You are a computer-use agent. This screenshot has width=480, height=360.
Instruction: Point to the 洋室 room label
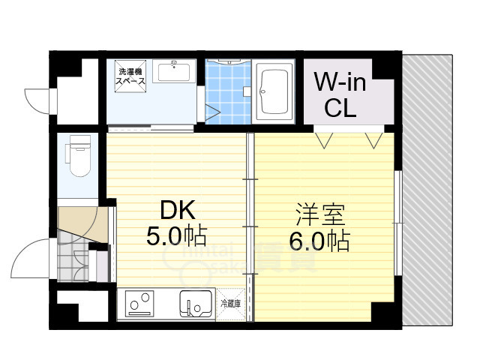[x=319, y=215]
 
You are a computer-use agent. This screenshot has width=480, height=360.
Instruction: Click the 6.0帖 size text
[x=319, y=241]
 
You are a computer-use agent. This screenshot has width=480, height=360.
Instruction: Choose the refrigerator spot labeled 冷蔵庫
[x=231, y=304]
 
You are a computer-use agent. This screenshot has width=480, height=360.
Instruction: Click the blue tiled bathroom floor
[x=228, y=94]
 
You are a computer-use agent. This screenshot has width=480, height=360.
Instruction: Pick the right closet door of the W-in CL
[x=373, y=139]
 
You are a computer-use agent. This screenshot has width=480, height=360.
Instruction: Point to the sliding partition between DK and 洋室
[x=250, y=225]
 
